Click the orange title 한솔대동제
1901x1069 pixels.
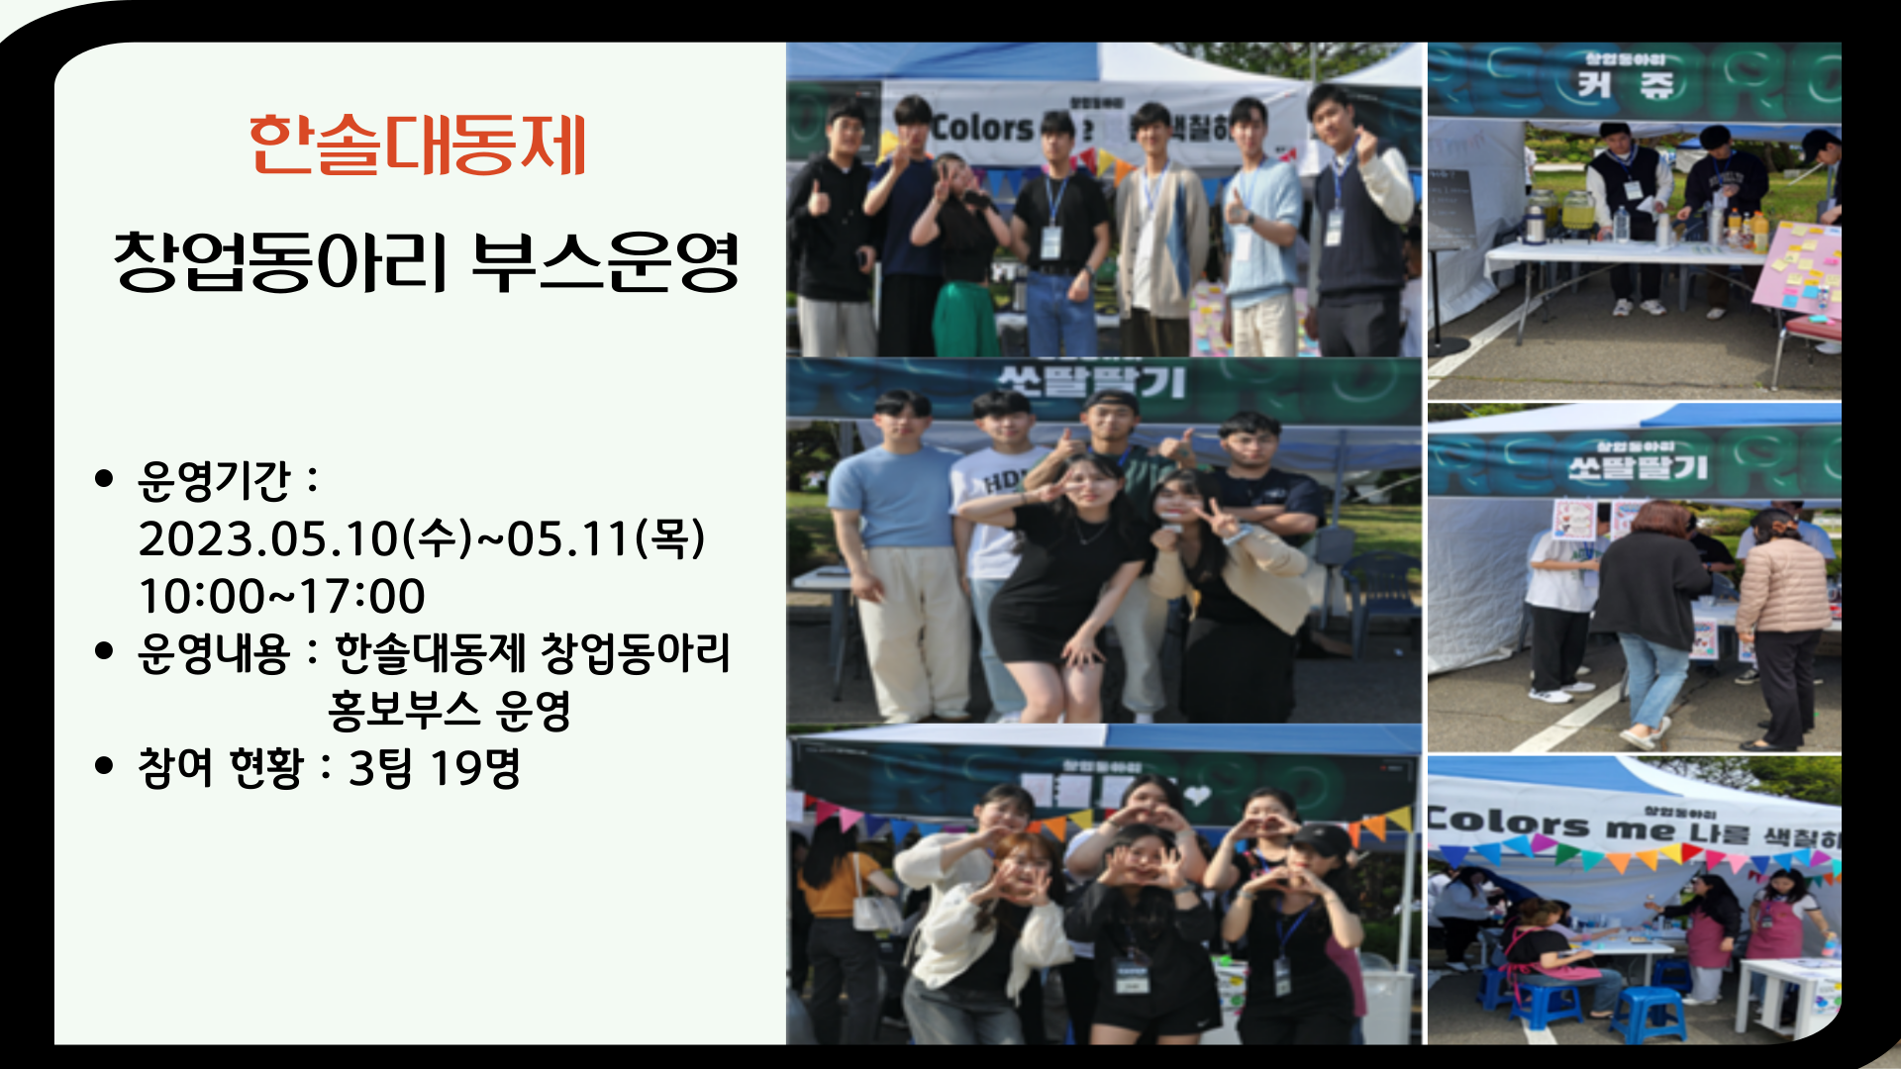(x=417, y=145)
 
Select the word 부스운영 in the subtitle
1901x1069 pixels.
(x=605, y=262)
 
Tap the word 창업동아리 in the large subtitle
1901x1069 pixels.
(x=281, y=262)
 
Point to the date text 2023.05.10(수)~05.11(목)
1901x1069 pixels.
(x=422, y=538)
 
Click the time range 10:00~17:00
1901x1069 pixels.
(x=282, y=596)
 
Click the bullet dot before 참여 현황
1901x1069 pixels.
(x=104, y=766)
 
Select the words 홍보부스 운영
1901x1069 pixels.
(x=450, y=711)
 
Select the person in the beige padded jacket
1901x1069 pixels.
(x=1783, y=589)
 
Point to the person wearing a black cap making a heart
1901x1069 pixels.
(x=1317, y=861)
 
